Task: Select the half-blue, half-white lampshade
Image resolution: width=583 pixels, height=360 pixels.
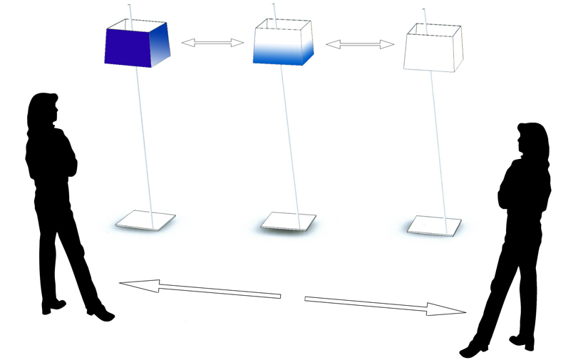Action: (x=284, y=47)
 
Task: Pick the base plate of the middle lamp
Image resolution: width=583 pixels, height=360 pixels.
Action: (x=288, y=222)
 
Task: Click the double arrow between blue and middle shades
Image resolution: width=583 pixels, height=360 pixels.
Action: (x=212, y=43)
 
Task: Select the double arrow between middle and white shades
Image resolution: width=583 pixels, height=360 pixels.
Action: (x=360, y=44)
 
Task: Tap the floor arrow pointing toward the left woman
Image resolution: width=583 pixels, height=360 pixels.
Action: (x=199, y=289)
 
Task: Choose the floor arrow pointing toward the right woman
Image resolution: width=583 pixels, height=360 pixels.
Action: (x=385, y=304)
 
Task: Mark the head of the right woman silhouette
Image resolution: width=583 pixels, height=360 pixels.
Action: (x=531, y=138)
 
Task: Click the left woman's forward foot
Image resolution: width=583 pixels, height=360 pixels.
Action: (x=100, y=313)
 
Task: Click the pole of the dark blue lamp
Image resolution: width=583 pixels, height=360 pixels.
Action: (x=144, y=143)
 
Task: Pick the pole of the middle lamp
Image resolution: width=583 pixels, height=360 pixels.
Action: (x=290, y=143)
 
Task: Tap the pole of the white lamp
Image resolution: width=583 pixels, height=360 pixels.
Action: (x=438, y=143)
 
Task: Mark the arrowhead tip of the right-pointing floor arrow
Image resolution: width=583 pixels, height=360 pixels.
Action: (x=465, y=312)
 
